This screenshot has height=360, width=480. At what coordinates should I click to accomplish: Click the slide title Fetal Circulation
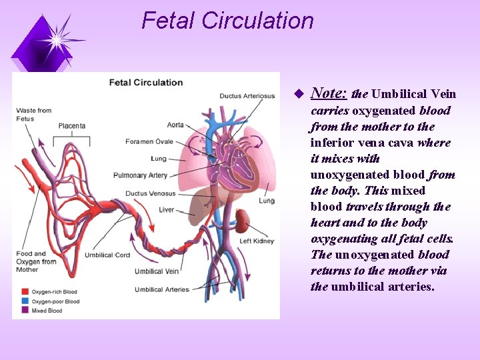[227, 21]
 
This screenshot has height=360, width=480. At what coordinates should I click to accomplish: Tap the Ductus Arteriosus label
[247, 96]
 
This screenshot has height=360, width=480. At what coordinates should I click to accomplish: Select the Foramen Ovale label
[149, 141]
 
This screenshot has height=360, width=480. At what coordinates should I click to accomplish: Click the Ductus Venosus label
[151, 193]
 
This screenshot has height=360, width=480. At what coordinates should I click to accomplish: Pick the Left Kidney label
[255, 241]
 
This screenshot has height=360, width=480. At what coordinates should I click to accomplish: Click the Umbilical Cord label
[107, 255]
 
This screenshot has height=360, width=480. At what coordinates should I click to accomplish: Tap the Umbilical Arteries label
[162, 289]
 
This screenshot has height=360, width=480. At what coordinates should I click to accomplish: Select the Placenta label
[71, 125]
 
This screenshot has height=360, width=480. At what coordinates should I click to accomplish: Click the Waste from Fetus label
[34, 114]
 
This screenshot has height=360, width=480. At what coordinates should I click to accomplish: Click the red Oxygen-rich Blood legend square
[23, 292]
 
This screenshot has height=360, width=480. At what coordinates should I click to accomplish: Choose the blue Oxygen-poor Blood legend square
[23, 301]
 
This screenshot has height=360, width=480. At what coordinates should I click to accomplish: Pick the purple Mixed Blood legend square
[23, 311]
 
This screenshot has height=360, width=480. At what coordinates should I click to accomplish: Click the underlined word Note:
[329, 94]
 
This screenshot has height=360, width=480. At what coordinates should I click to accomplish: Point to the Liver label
[167, 210]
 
